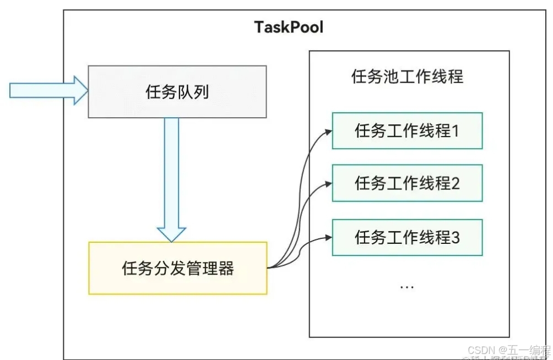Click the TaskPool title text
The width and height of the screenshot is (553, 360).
pyautogui.click(x=288, y=27)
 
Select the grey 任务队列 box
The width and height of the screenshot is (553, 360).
pyautogui.click(x=177, y=92)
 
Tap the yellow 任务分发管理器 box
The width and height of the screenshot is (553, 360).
pyautogui.click(x=177, y=268)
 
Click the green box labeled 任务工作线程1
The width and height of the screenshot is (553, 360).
pyautogui.click(x=407, y=131)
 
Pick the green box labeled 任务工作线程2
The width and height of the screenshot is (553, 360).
pyautogui.click(x=407, y=183)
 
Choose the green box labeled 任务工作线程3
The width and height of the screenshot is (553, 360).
pyautogui.click(x=407, y=237)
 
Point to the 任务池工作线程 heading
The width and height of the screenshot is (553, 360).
pyautogui.click(x=407, y=77)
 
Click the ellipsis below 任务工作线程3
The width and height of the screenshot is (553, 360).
pyautogui.click(x=406, y=287)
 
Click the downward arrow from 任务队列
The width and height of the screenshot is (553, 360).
pyautogui.click(x=171, y=176)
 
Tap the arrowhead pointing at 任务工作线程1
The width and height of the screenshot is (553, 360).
pyautogui.click(x=328, y=131)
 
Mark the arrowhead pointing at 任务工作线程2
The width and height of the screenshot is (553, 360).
pyautogui.click(x=328, y=183)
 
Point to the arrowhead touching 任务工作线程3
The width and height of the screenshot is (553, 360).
pyautogui.click(x=328, y=237)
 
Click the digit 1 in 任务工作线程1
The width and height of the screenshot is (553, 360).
pyautogui.click(x=455, y=131)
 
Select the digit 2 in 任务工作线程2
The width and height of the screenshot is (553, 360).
pyautogui.click(x=455, y=183)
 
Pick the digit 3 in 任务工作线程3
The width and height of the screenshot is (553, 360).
pyautogui.click(x=455, y=237)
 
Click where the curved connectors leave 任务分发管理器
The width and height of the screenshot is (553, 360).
pyautogui.click(x=270, y=268)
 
